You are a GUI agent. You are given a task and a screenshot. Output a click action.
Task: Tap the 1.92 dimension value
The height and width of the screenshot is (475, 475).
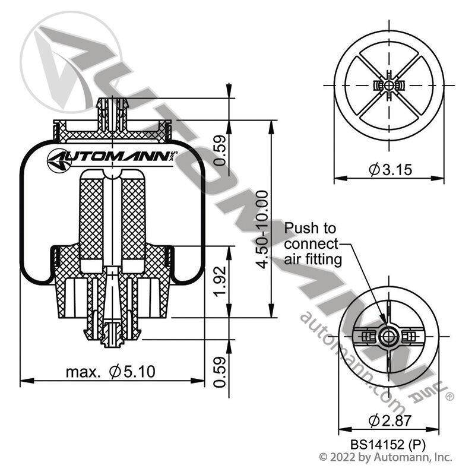220,281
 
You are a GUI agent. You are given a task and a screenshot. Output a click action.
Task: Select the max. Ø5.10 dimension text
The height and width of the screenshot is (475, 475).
110,372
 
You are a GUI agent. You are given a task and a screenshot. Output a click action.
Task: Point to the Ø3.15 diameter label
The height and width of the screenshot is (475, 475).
391,169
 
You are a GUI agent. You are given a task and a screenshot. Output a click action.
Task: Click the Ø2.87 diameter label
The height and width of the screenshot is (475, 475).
390,420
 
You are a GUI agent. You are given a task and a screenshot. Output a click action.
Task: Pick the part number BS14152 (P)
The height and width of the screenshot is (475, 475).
388,445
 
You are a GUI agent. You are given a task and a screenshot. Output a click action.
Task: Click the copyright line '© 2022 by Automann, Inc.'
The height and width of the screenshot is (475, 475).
385,457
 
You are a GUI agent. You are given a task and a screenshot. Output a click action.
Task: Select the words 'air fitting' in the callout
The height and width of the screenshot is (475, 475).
313,259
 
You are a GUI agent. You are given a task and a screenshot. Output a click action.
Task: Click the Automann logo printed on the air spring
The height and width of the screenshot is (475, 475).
112,157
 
